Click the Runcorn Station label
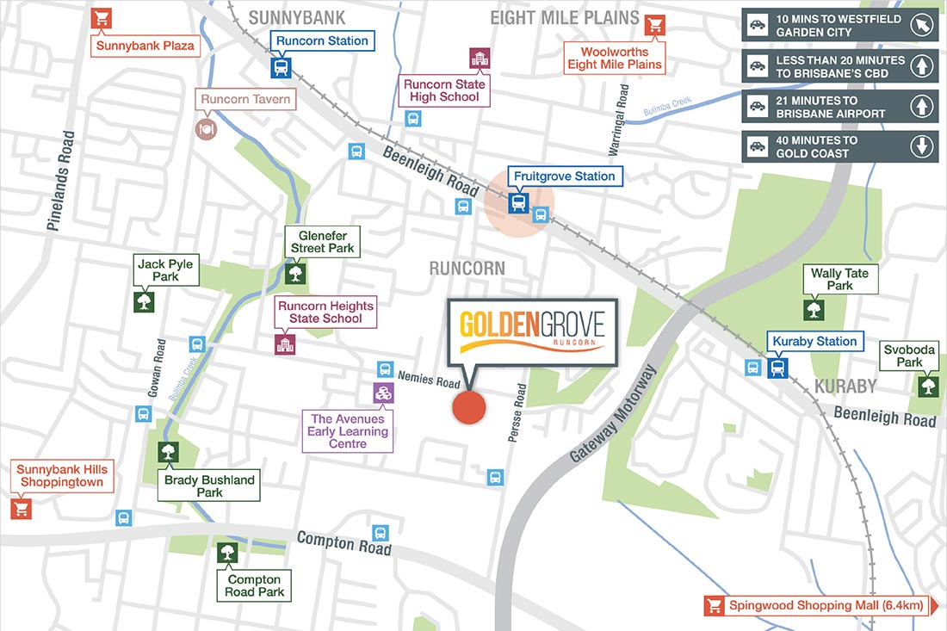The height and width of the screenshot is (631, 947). [x=322, y=40]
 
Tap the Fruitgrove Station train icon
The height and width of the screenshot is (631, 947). [x=518, y=203]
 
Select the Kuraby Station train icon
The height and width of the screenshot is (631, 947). [x=778, y=368]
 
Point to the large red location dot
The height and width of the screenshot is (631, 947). [x=469, y=407]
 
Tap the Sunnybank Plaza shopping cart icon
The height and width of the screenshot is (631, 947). [x=102, y=18]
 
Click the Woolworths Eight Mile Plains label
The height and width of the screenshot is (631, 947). [x=615, y=59]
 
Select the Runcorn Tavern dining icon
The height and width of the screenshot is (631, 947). [x=207, y=127]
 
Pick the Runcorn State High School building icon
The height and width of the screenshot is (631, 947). [x=479, y=59]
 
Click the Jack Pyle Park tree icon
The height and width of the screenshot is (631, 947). [x=144, y=302]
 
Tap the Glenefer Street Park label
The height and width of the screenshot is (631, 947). [x=321, y=242]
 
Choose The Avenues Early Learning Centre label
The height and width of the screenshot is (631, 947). [x=348, y=431]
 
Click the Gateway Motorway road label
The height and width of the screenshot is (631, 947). [x=613, y=415]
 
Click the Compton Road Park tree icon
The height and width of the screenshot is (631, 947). [x=228, y=553]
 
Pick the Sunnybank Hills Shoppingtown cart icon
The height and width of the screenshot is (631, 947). [x=22, y=509]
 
